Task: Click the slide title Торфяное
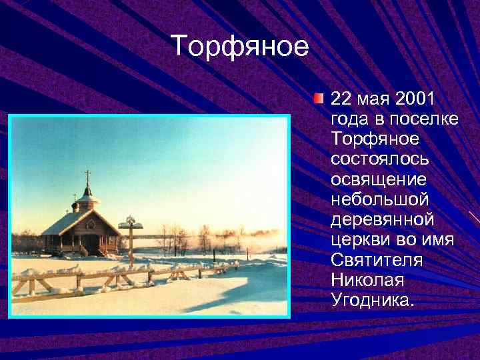[x=240, y=47]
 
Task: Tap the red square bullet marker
[x=319, y=99]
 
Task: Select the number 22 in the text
[x=340, y=99]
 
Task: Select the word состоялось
[x=379, y=159]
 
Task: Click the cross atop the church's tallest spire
[x=87, y=175]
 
